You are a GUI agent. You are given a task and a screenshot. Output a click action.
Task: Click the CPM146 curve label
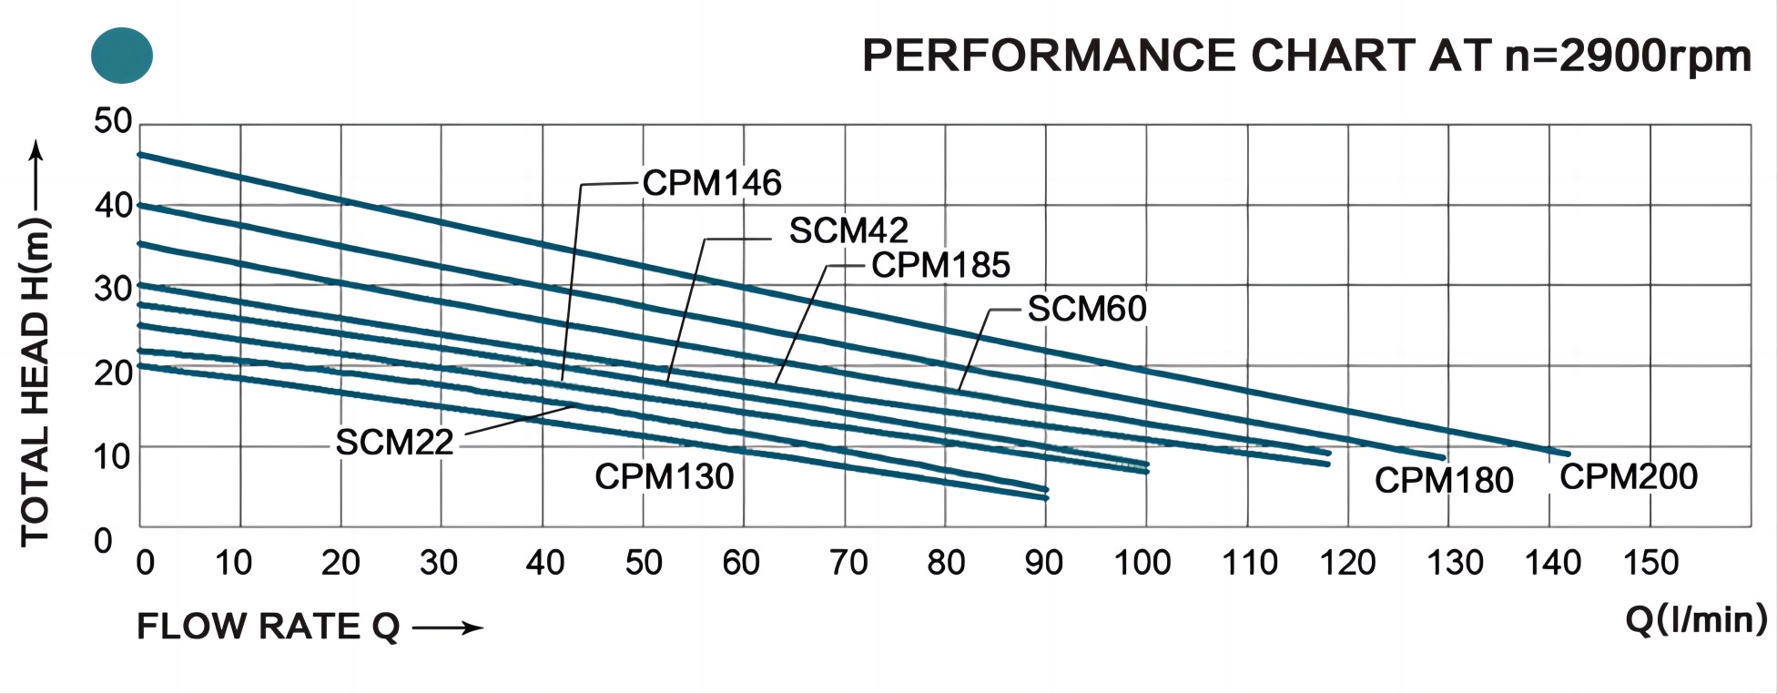[711, 183]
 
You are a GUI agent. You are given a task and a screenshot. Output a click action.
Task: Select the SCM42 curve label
[848, 230]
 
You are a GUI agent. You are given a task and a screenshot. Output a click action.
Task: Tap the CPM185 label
[940, 265]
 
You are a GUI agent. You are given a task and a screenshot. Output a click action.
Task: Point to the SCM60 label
[1086, 310]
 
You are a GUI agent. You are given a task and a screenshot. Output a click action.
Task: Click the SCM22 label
[394, 443]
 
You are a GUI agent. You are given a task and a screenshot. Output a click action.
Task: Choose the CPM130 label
[664, 476]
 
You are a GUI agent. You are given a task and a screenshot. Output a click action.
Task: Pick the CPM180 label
[1443, 480]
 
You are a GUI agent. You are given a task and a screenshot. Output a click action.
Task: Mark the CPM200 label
[1628, 476]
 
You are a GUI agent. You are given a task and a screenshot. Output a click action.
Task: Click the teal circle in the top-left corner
[122, 56]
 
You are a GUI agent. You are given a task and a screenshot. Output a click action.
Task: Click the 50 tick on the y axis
[113, 121]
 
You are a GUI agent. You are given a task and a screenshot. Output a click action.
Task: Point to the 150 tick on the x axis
[1650, 563]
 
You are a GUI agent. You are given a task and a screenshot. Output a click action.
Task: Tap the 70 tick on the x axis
[848, 563]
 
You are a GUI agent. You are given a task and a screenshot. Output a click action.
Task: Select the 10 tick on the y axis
[113, 456]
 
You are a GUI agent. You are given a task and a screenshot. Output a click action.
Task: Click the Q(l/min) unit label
[1695, 619]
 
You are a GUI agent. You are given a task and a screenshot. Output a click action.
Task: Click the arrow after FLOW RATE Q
[446, 628]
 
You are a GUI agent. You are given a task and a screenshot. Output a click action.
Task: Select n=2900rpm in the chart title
[1628, 56]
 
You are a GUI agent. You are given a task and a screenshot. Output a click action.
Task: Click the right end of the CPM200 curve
[1567, 453]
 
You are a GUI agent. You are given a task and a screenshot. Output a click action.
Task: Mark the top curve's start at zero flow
[140, 155]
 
